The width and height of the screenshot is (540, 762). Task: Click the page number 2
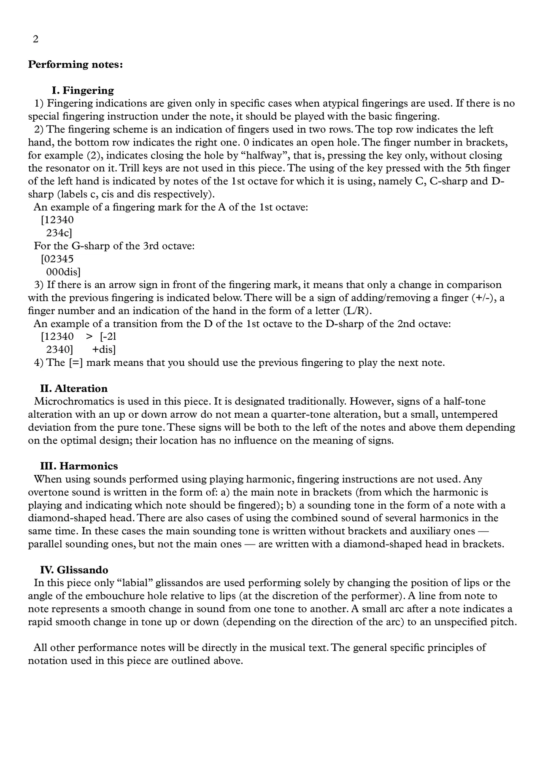pyautogui.click(x=35, y=39)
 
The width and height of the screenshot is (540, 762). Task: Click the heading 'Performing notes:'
pyautogui.click(x=76, y=64)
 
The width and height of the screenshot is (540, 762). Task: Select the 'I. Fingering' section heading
pyautogui.click(x=83, y=91)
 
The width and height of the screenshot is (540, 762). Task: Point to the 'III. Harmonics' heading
pyautogui.click(x=79, y=466)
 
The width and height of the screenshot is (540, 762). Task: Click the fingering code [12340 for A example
pyautogui.click(x=57, y=220)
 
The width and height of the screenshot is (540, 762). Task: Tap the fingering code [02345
pyautogui.click(x=57, y=259)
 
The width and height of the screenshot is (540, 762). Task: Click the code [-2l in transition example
pyautogui.click(x=108, y=337)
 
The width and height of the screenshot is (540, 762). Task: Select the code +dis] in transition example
pyautogui.click(x=104, y=350)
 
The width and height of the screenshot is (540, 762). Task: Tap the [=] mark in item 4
pyautogui.click(x=76, y=363)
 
